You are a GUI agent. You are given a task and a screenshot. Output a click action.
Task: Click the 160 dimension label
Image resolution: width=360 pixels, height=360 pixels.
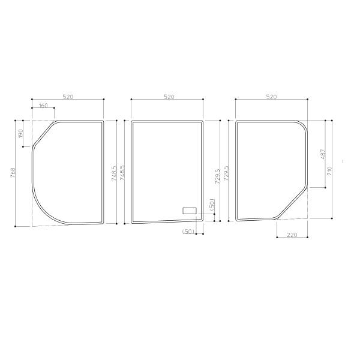click(43, 106)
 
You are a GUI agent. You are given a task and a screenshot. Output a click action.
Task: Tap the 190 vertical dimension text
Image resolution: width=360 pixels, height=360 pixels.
click(20, 134)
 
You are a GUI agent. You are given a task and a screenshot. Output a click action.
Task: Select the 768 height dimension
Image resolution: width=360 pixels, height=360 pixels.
click(13, 172)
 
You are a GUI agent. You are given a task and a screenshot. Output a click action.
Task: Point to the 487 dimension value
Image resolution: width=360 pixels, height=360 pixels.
click(323, 154)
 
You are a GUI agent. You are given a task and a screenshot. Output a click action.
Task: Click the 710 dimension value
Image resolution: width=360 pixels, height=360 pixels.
click(329, 171)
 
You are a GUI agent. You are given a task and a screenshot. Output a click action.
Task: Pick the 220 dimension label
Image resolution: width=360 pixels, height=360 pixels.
click(292, 235)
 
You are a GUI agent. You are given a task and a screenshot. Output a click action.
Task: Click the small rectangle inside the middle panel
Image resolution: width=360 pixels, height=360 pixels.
click(190, 211)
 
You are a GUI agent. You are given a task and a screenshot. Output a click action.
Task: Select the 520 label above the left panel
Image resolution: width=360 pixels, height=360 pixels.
click(68, 97)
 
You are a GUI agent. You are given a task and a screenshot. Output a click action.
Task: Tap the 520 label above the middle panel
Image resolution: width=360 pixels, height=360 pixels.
click(169, 97)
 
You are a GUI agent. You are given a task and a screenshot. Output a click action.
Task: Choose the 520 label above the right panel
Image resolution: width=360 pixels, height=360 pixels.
click(271, 97)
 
